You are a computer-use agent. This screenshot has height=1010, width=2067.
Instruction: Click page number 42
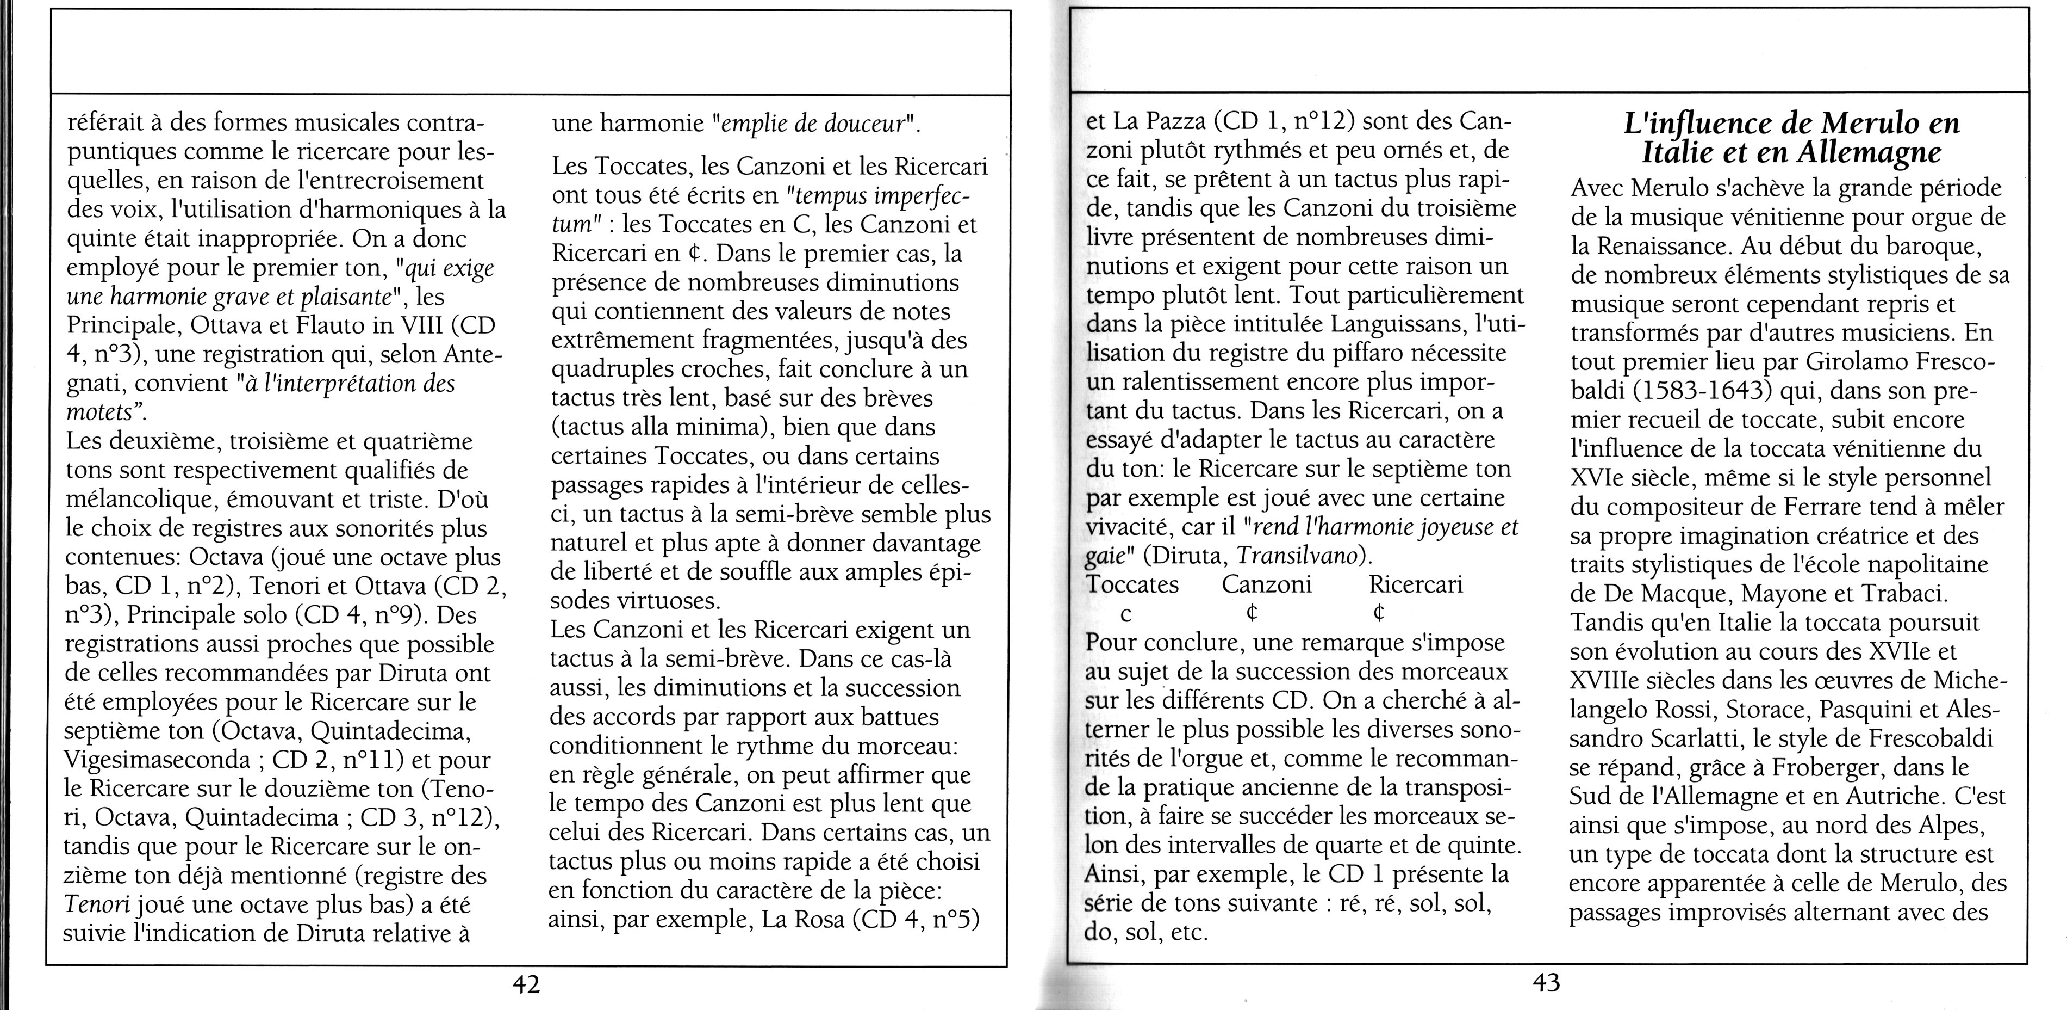(x=526, y=983)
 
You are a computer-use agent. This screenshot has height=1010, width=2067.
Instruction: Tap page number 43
(x=1546, y=982)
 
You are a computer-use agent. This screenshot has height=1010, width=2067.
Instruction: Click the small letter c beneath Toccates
(x=1126, y=615)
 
